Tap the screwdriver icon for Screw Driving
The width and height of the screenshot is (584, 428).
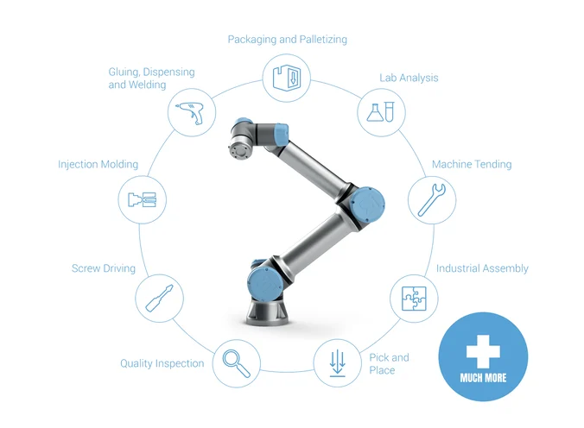[x=158, y=298]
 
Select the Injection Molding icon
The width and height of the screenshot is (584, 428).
[x=139, y=200]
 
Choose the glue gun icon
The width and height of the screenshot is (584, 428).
[x=187, y=112]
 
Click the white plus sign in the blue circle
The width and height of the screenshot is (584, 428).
[x=482, y=351]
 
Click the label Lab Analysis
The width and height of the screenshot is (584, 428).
[x=409, y=78]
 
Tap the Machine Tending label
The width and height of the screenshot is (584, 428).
[x=472, y=164]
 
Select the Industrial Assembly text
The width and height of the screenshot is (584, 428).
[x=481, y=268]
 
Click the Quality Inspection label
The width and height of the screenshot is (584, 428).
[x=162, y=363]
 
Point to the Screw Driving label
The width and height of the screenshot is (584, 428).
[x=103, y=268]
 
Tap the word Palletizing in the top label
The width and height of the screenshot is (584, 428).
[x=322, y=40]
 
